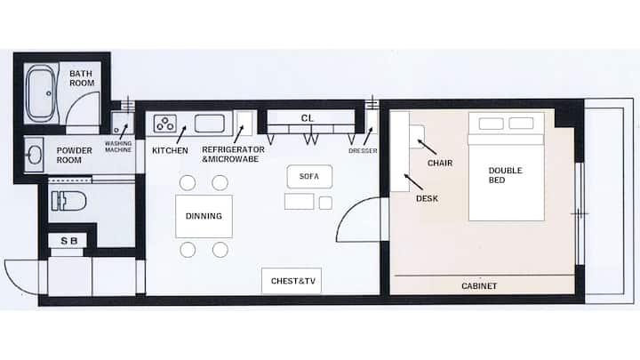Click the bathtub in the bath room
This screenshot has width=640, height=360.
(x=40, y=94)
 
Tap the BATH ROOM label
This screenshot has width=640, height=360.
(x=82, y=78)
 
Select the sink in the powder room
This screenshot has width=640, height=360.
(x=35, y=155)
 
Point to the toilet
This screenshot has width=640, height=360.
(x=68, y=201)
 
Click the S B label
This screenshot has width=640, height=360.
(x=69, y=241)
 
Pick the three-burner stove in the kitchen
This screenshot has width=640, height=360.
(x=165, y=124)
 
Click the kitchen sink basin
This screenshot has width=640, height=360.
(x=210, y=124)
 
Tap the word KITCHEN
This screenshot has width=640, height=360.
(x=170, y=150)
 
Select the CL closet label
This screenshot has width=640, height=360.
(x=307, y=118)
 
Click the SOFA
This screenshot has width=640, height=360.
(x=309, y=177)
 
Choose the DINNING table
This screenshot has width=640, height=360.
(x=204, y=216)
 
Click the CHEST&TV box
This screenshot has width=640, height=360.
(x=292, y=281)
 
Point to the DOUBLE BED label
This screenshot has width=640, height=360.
(x=505, y=175)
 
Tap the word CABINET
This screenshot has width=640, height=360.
(x=479, y=286)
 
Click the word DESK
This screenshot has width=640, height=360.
(x=427, y=199)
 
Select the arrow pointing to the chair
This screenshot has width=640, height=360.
(x=427, y=147)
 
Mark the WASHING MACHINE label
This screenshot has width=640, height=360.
(x=118, y=147)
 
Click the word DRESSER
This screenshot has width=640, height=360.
(x=363, y=151)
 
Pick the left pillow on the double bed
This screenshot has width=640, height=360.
(x=491, y=124)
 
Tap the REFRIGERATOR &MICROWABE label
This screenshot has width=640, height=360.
(x=233, y=155)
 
